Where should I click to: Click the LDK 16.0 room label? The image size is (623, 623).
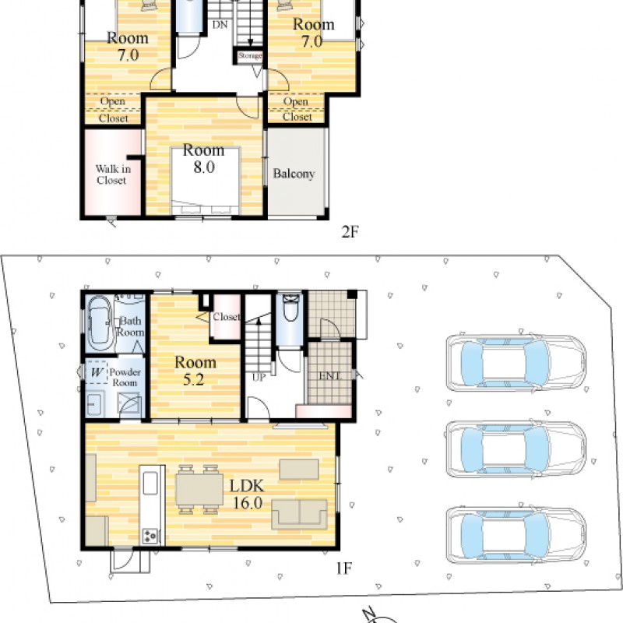pyautogui.click(x=247, y=495)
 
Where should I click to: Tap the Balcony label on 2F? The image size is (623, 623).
pyautogui.click(x=294, y=174)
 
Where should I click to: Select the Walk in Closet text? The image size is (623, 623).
pyautogui.click(x=113, y=174)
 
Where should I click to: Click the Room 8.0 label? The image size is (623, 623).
pyautogui.click(x=204, y=159)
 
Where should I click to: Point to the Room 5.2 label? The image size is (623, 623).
pyautogui.click(x=195, y=371)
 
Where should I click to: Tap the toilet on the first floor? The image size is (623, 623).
pyautogui.click(x=290, y=307)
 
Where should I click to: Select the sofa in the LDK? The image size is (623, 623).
pyautogui.click(x=299, y=514)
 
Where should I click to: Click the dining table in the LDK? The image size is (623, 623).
pyautogui.click(x=199, y=489)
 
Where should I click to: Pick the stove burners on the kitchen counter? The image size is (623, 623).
pyautogui.click(x=150, y=536)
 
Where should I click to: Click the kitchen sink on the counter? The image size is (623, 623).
pyautogui.click(x=150, y=483)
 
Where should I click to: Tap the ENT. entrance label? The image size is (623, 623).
pyautogui.click(x=329, y=375)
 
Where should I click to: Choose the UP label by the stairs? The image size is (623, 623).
pyautogui.click(x=259, y=378)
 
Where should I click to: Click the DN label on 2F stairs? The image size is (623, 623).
pyautogui.click(x=220, y=25)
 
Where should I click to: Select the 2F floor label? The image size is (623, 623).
pyautogui.click(x=350, y=231)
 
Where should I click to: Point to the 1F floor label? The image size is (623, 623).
pyautogui.click(x=344, y=568)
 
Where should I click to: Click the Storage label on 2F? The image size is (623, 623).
pyautogui.click(x=250, y=55)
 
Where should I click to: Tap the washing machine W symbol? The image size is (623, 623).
pyautogui.click(x=97, y=372)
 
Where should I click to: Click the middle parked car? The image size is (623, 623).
pyautogui.click(x=516, y=449)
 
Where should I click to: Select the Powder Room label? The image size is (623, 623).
pyautogui.click(x=125, y=378)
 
